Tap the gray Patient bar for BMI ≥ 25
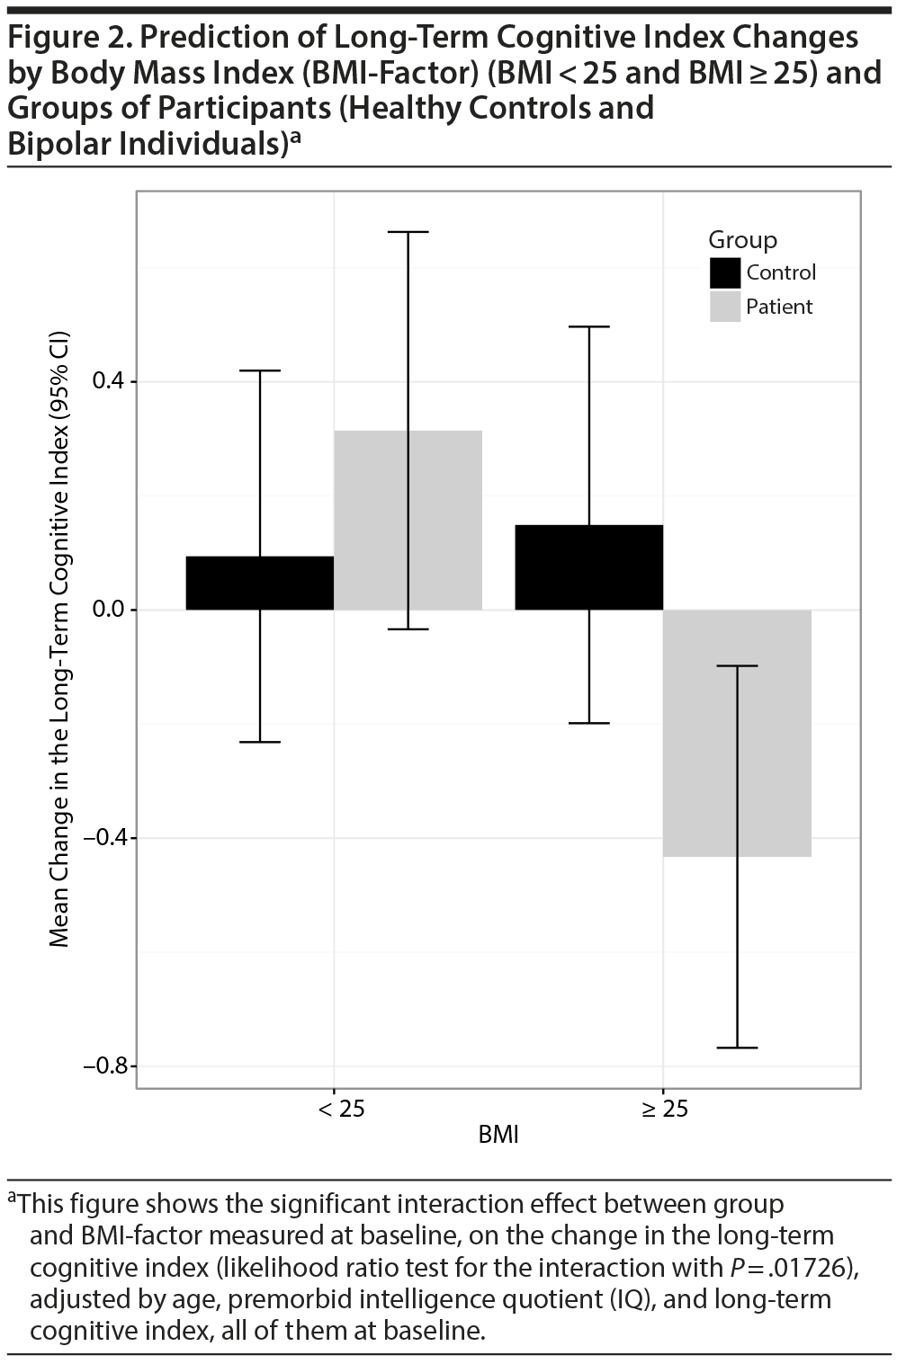click(x=774, y=733)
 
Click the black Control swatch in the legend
click(x=725, y=272)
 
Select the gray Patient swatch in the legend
click(x=725, y=307)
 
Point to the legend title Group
click(x=742, y=240)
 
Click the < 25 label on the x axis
click(x=342, y=1109)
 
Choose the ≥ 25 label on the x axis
click(x=665, y=1109)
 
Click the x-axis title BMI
click(x=498, y=1135)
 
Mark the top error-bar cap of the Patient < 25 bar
click(x=408, y=232)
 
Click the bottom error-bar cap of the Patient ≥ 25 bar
click(x=737, y=1048)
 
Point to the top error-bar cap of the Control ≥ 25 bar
click(x=589, y=327)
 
